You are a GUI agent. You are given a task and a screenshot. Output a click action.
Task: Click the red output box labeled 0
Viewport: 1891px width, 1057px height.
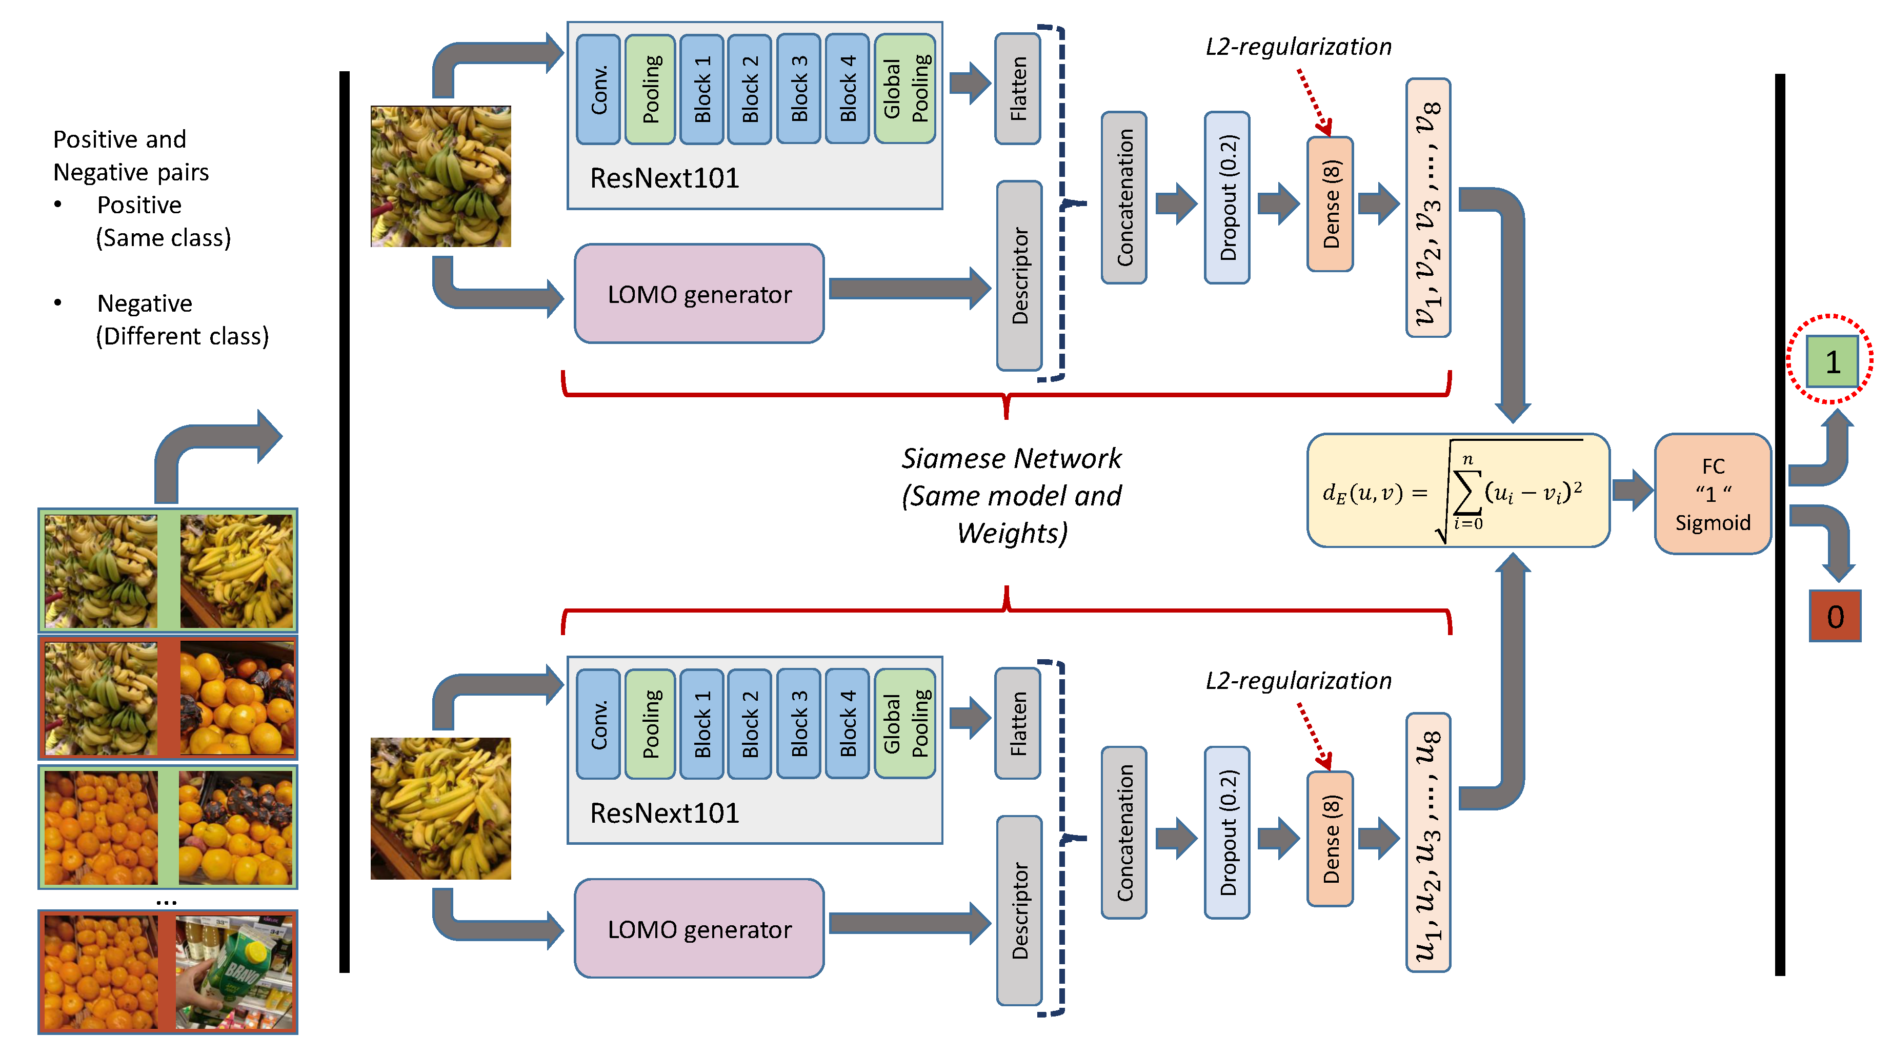tap(1835, 616)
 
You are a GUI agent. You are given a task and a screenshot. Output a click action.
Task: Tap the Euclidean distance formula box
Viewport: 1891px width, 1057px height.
tap(1458, 491)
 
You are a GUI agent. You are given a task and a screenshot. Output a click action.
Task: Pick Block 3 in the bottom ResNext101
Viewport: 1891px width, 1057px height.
tap(799, 724)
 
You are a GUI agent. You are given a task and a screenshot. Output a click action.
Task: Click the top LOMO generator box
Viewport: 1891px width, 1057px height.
tap(699, 294)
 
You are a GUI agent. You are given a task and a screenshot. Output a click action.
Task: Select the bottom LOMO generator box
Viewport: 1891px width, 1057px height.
tap(699, 928)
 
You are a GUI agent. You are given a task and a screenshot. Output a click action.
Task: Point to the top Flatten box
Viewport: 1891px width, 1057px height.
tap(1017, 89)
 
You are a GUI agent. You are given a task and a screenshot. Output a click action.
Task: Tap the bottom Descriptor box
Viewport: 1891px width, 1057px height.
tap(1019, 910)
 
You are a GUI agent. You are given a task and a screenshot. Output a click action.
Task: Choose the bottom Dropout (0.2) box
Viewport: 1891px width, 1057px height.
tap(1226, 832)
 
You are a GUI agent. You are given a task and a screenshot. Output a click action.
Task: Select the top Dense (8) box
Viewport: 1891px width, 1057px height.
tap(1330, 204)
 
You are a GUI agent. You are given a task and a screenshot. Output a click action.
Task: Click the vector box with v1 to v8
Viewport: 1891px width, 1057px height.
tap(1428, 208)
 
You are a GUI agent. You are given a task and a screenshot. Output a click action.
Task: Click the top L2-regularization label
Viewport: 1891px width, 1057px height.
tap(1298, 46)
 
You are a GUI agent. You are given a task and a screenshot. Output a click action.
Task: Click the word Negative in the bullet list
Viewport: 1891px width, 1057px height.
tap(145, 303)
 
